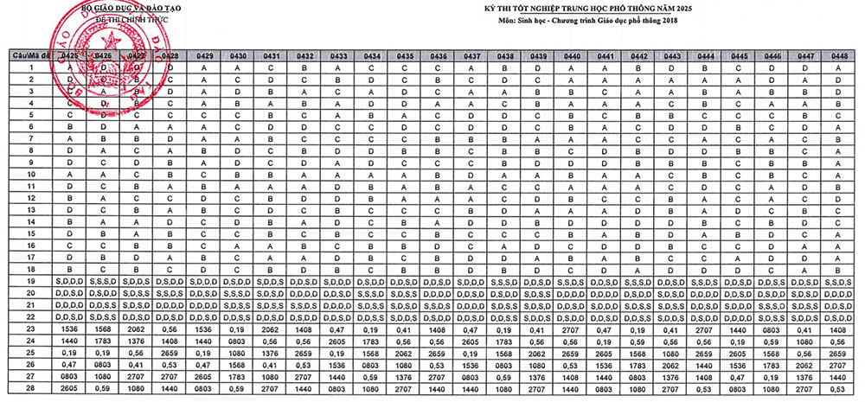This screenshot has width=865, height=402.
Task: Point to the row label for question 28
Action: pyautogui.click(x=30, y=388)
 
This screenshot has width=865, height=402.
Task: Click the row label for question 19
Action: pyautogui.click(x=30, y=281)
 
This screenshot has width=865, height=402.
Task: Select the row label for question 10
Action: pyautogui.click(x=30, y=174)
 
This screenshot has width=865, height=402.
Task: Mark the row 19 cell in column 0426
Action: pyautogui.click(x=103, y=281)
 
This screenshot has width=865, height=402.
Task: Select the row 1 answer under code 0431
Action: pyautogui.click(x=271, y=67)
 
